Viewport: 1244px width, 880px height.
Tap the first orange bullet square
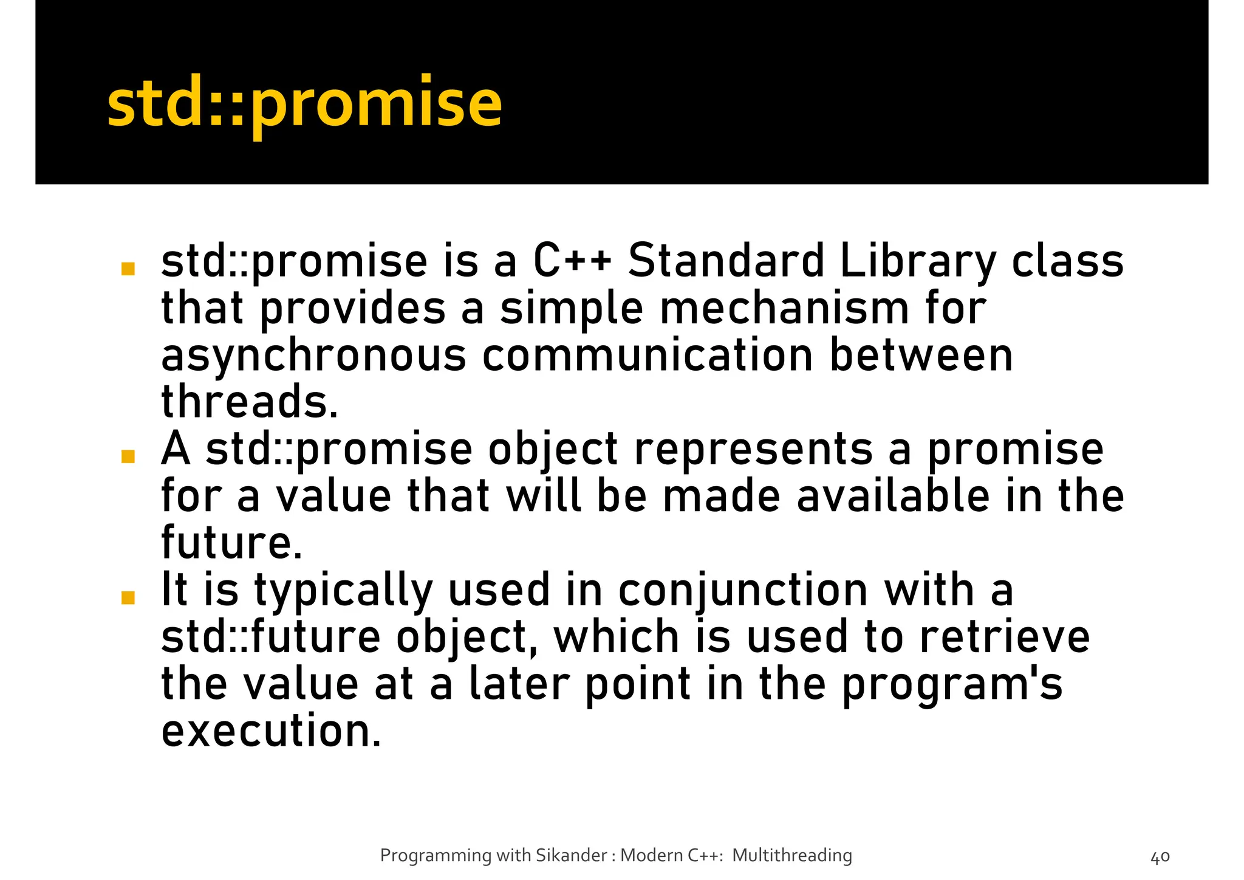[x=128, y=269]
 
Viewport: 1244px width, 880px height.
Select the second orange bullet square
[x=128, y=456]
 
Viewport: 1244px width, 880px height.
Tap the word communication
[x=648, y=355]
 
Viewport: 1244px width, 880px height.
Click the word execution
[x=271, y=731]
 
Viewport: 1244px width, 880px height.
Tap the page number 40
[x=1160, y=858]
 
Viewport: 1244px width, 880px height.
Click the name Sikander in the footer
[x=572, y=856]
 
